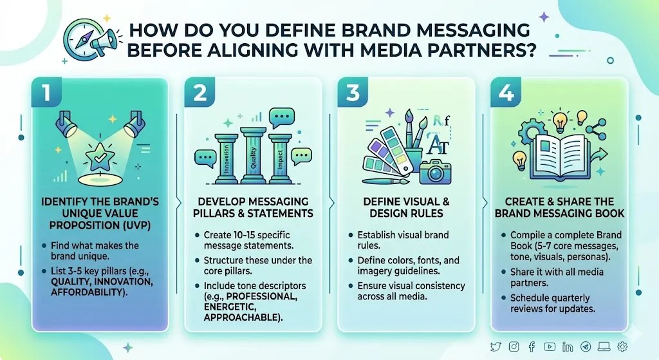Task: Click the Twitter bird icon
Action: pos(496,346)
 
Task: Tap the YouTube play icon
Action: pos(550,346)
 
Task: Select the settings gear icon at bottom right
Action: pos(622,346)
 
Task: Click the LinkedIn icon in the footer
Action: pos(567,346)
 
